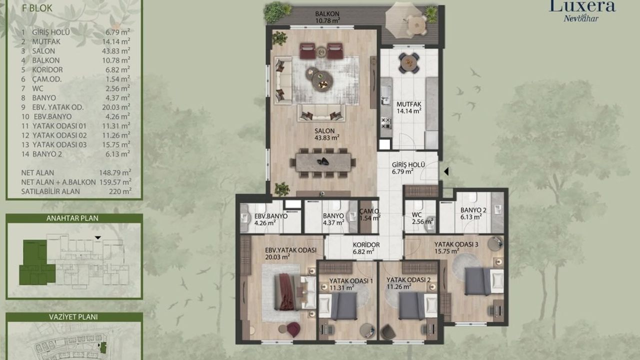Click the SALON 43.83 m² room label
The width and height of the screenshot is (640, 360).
327,134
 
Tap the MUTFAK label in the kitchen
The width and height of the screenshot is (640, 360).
409,104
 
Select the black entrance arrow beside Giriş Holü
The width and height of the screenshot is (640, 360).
446,171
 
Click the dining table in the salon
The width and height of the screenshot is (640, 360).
323,162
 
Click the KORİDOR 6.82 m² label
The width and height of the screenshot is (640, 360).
366,248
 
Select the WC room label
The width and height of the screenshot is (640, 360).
417,215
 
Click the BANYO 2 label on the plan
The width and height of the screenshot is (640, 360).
473,210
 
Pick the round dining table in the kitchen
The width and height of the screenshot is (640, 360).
409,63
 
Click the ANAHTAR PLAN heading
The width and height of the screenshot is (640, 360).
72,218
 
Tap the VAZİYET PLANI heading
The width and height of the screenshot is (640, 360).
73,317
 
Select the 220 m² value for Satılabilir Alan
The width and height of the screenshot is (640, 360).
120,191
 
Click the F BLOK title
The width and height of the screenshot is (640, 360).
37,8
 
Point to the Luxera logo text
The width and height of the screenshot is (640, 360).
582,6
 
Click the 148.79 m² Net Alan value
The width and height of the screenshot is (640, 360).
115,172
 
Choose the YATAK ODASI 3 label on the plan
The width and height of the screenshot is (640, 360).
456,244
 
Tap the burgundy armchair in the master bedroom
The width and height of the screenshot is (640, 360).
293,329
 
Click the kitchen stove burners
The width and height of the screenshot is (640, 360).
386,122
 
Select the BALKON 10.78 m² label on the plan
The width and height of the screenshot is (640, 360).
327,17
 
